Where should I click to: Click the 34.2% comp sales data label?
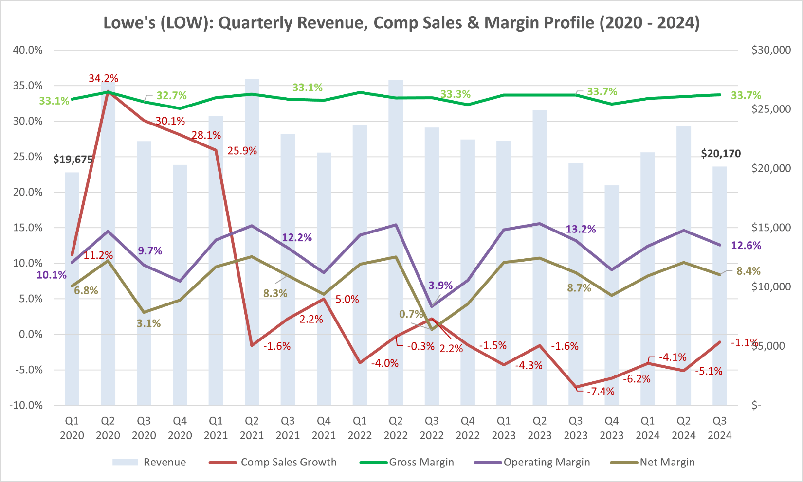tap(103, 78)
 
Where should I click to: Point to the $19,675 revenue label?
tap(73, 160)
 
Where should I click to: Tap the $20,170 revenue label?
tap(720, 154)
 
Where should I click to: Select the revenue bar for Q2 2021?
tap(252, 243)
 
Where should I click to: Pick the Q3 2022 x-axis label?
tap(432, 428)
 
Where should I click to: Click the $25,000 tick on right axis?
tap(771, 109)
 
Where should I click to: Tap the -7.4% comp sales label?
tap(600, 392)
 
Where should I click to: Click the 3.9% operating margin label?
tap(440, 286)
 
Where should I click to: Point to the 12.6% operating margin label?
tap(746, 246)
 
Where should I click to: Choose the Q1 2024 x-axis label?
tap(648, 428)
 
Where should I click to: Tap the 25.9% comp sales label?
tap(242, 151)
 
